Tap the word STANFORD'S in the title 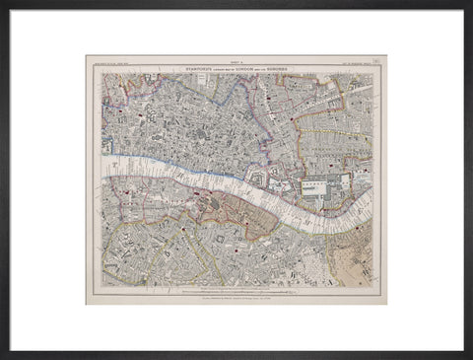click(181, 67)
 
